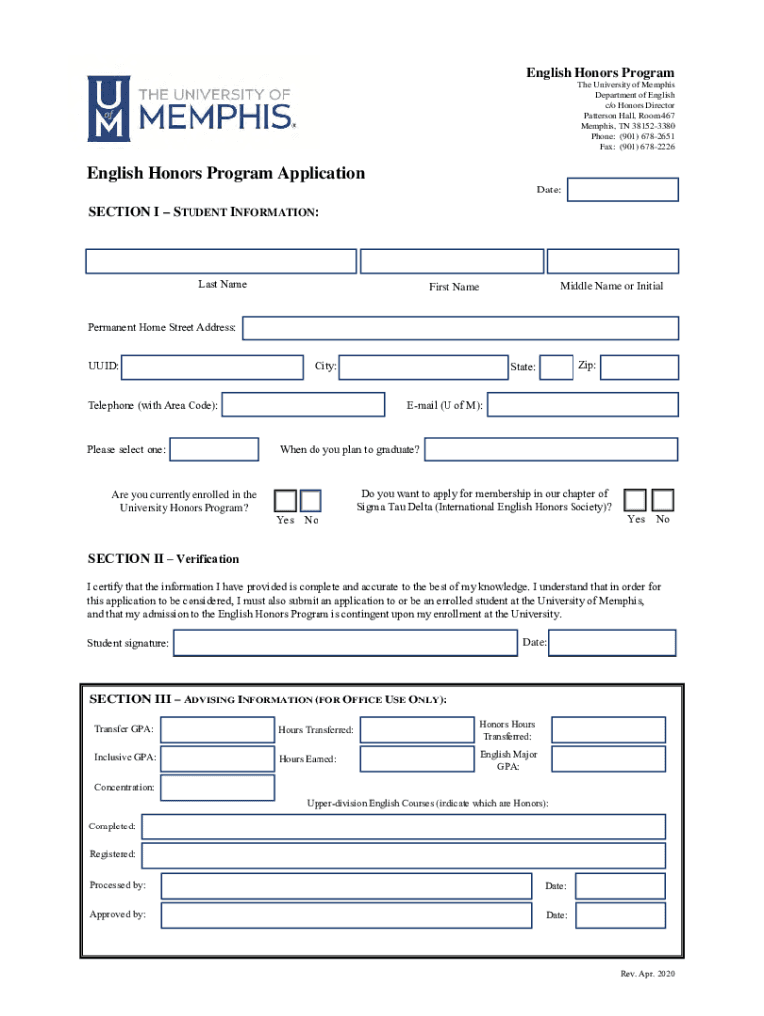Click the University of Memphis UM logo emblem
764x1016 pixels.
coord(107,109)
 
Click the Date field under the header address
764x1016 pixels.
coord(622,190)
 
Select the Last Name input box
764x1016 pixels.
coord(221,261)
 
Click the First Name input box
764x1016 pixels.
coord(452,261)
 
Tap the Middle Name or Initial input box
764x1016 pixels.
coord(613,261)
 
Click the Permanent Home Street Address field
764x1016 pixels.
coord(460,328)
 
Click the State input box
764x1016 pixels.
coord(557,367)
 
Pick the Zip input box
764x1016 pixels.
coord(640,367)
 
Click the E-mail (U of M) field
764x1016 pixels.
coord(583,405)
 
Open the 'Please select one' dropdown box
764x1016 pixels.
coord(214,450)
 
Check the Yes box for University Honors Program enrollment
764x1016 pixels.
coord(285,501)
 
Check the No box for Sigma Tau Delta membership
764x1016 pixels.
coord(663,500)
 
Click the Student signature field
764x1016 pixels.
coord(344,643)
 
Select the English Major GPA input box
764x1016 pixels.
coord(608,760)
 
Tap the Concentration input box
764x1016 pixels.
coord(216,788)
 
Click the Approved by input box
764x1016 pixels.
coord(344,915)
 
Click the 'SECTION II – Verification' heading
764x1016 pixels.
coord(164,559)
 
